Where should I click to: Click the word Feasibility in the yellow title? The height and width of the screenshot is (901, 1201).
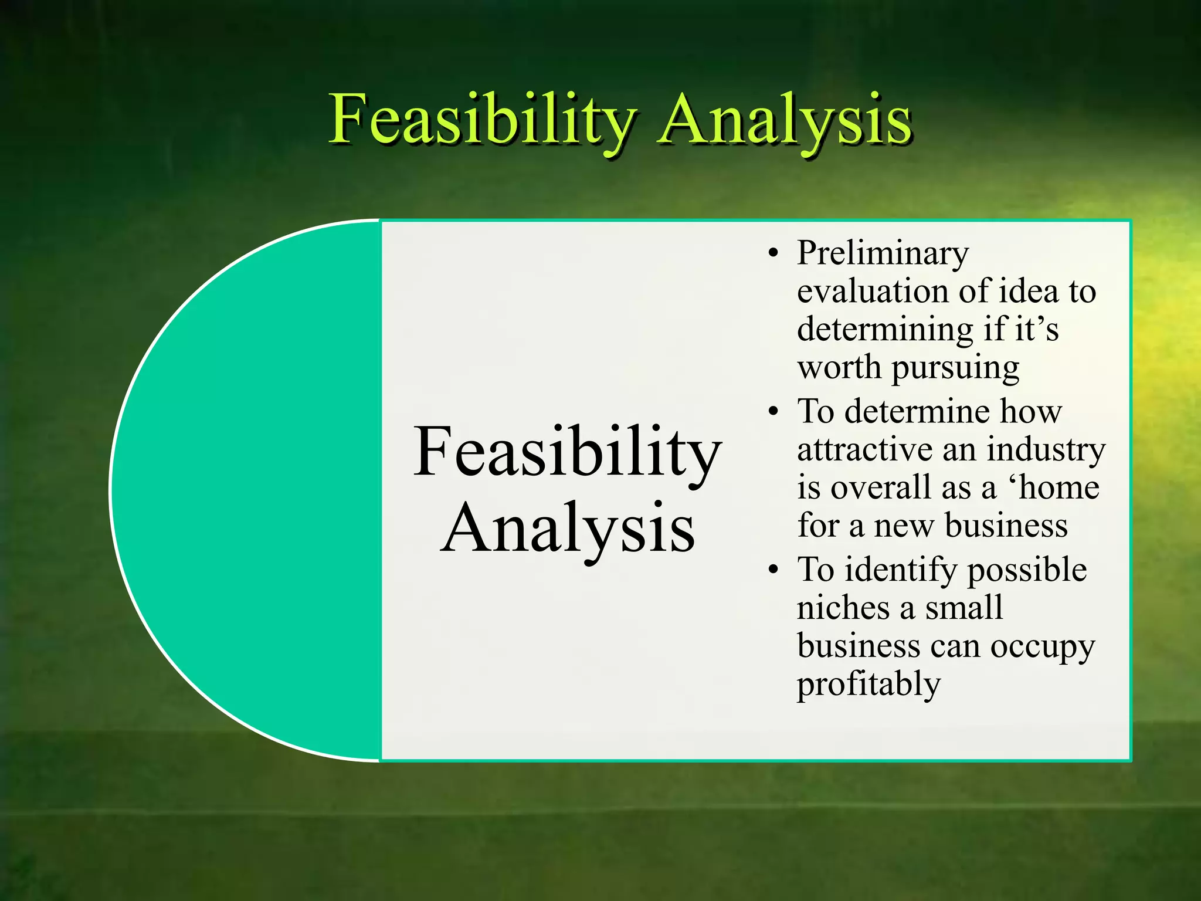(481, 120)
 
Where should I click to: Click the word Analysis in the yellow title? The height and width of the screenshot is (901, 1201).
(785, 120)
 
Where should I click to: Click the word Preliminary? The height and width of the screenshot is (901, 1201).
(883, 254)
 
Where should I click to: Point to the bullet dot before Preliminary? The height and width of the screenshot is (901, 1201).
(774, 254)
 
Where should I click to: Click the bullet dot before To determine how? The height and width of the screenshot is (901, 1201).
(774, 412)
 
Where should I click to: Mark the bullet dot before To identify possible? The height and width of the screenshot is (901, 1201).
(774, 570)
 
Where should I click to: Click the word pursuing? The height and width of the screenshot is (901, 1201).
(956, 369)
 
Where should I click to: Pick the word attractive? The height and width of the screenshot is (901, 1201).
(864, 450)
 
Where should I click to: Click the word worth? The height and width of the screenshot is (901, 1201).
(839, 369)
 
